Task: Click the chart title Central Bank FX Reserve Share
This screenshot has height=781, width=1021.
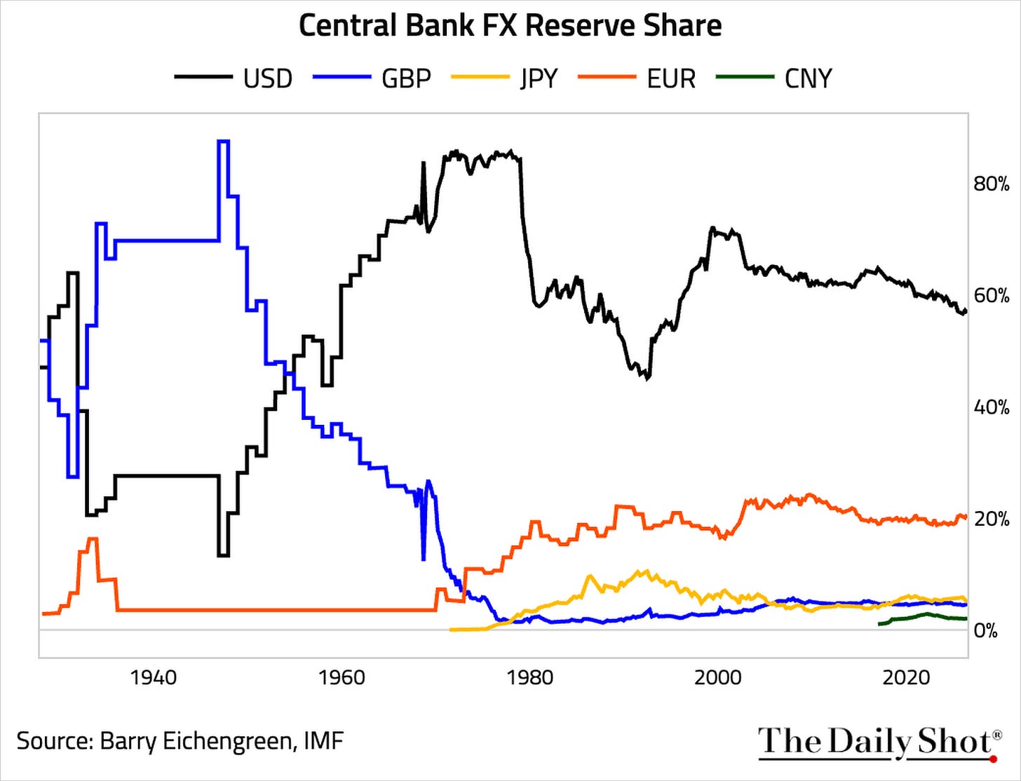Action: pos(510,25)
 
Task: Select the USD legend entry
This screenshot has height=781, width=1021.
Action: pos(234,78)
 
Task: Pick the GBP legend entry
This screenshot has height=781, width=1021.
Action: pos(372,78)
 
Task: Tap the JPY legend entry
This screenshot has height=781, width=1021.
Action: pos(504,78)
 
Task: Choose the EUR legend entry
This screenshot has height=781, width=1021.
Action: pos(637,78)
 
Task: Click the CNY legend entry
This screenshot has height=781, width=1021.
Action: pos(773,78)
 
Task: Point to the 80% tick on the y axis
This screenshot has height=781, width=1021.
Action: pos(992,184)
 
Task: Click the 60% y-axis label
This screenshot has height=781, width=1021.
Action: pos(992,296)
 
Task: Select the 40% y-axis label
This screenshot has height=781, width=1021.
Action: pos(992,408)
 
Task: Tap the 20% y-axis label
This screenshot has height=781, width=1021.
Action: pos(992,519)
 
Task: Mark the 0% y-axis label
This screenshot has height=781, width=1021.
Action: pos(986,631)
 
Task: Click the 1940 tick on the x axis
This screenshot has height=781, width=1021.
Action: pos(154,678)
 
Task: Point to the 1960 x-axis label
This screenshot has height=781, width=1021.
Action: pos(342,678)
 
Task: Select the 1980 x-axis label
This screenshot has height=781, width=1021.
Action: pos(530,678)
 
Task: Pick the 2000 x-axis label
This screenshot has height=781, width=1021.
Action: pos(718,678)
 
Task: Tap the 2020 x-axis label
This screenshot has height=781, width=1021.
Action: pos(906,678)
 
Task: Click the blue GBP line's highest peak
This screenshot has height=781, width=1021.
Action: pos(223,140)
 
